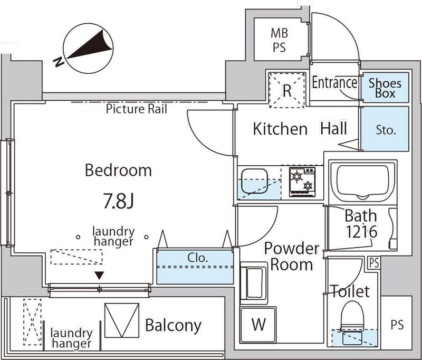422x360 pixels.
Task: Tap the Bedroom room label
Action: point(119,170)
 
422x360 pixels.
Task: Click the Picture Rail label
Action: point(137,109)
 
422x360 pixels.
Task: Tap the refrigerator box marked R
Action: point(287,90)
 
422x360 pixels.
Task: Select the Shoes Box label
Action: point(385,88)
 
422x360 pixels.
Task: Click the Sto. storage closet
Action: point(386,130)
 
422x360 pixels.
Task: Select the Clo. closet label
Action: point(198,259)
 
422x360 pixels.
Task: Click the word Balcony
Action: point(173,325)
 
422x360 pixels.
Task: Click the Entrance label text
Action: point(334,83)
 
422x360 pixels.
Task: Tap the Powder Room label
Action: point(292,256)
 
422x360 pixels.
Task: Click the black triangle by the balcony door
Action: point(99,275)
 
